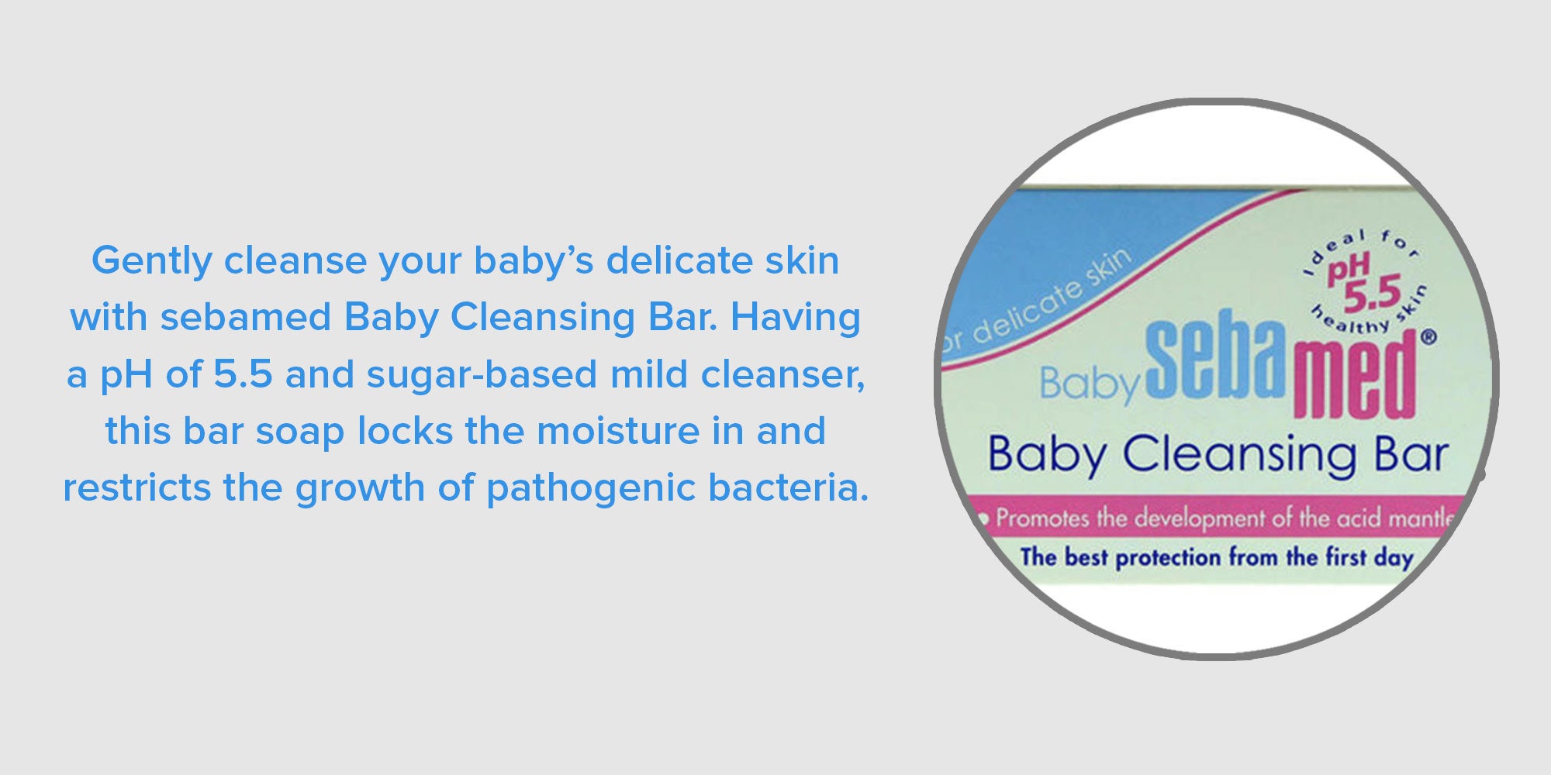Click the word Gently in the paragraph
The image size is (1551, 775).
151,261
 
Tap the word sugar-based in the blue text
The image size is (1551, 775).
482,375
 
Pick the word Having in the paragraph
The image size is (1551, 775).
796,319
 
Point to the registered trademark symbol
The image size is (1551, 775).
1428,337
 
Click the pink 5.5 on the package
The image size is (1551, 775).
1372,293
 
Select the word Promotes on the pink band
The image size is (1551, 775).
1041,518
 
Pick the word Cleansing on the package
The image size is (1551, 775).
1239,455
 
